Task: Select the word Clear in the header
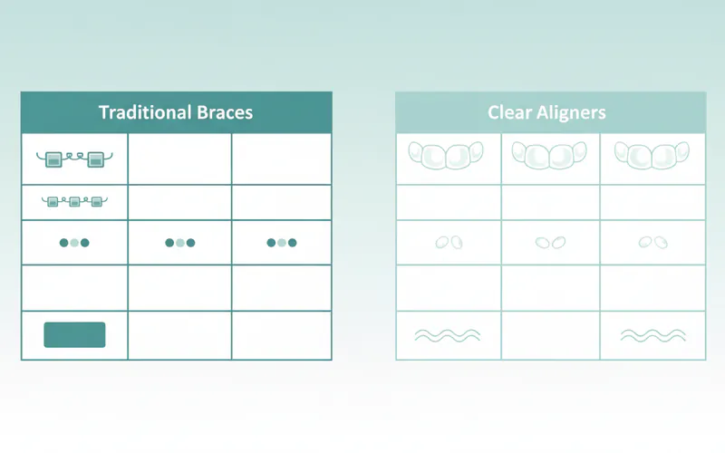coord(509,113)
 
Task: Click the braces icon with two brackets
coord(74,159)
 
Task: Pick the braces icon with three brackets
coord(74,201)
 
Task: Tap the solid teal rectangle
coord(74,334)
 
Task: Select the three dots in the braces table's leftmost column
coord(74,243)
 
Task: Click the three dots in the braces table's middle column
coord(180,243)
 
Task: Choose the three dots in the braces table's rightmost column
coord(282,243)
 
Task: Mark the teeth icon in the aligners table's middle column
coord(550,155)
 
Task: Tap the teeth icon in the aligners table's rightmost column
coord(652,155)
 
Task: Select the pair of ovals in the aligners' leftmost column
coord(448,242)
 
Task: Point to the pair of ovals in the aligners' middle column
coord(550,242)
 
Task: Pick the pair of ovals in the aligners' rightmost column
coord(652,242)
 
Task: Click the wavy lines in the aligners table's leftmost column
coord(447,335)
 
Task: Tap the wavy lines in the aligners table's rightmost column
coord(652,335)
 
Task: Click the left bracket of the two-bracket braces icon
coord(53,159)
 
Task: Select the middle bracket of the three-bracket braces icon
coord(74,201)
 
